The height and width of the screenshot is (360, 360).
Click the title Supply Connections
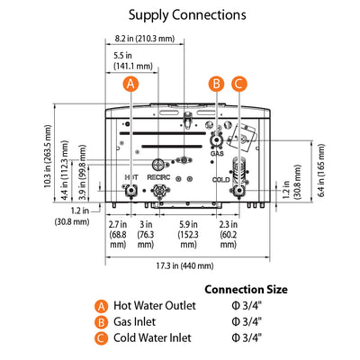(187, 14)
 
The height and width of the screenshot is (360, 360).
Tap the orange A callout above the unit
(131, 84)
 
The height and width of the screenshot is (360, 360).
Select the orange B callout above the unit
(216, 84)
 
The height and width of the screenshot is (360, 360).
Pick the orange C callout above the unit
(238, 84)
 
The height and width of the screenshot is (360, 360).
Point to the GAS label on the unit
(217, 154)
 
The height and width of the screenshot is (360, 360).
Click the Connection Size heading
(246, 290)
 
